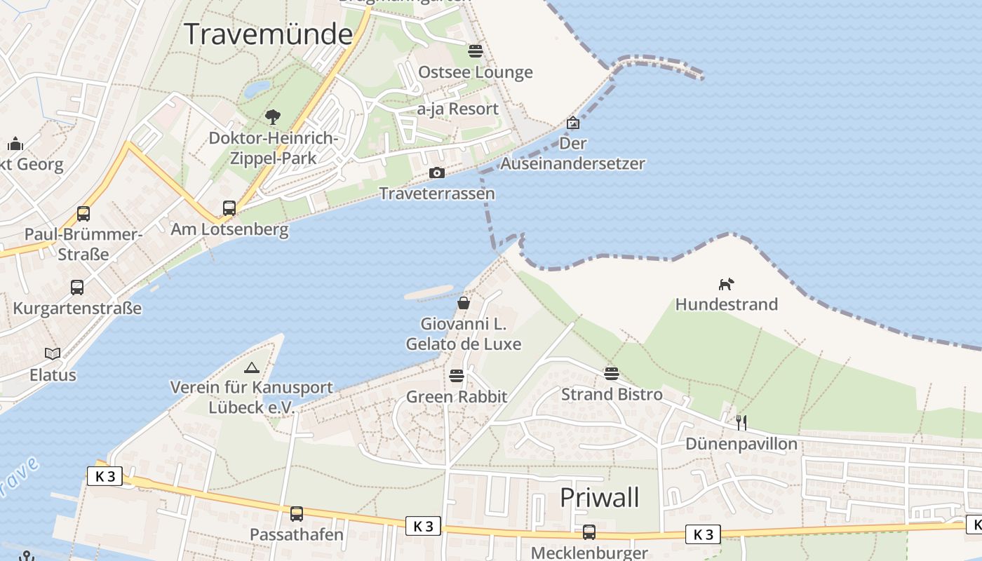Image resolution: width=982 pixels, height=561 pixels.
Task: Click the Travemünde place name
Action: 269,34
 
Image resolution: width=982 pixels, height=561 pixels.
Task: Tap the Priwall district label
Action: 600,497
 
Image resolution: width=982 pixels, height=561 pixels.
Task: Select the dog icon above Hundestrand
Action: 726,284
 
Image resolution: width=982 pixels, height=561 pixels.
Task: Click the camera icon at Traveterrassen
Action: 437,173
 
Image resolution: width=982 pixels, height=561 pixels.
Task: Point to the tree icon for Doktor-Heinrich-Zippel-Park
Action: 273,117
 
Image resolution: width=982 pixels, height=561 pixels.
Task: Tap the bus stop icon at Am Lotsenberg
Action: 229,208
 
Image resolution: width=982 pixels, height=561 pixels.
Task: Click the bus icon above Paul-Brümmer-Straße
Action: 83,213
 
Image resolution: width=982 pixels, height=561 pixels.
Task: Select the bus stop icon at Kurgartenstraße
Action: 77,287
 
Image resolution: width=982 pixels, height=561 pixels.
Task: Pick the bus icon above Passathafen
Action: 297,513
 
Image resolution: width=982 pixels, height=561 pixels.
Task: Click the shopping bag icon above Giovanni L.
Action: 463,303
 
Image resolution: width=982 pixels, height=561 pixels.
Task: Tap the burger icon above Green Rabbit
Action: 457,376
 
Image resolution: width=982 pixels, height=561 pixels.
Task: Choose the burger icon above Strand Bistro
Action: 612,373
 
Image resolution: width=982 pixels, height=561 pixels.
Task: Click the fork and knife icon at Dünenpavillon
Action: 741,422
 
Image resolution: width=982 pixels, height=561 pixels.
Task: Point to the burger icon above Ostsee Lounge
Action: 476,50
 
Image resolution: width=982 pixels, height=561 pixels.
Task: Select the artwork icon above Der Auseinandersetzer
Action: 573,123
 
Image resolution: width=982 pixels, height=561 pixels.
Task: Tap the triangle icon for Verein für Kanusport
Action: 251,367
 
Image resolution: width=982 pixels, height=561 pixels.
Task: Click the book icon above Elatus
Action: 53,353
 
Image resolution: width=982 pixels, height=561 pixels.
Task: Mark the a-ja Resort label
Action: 457,109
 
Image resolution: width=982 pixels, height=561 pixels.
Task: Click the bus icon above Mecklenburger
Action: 589,532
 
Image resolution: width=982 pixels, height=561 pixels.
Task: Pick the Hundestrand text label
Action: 726,304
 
